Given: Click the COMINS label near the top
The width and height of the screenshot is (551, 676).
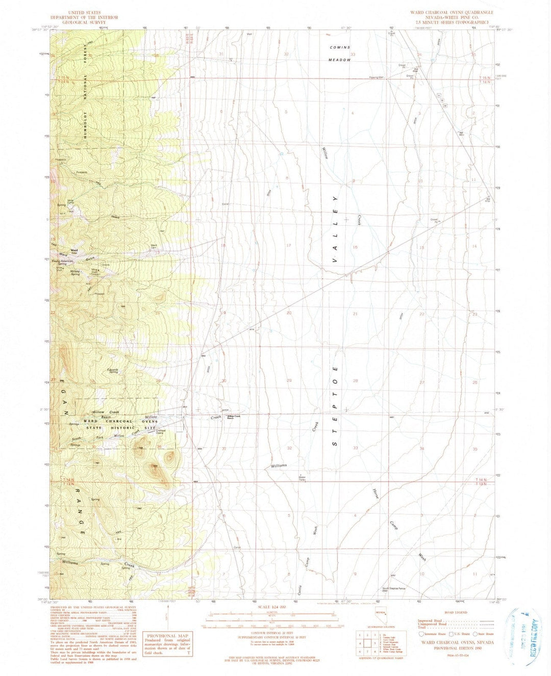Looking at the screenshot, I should [340, 47].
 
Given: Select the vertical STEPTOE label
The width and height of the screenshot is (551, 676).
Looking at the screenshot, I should [335, 406].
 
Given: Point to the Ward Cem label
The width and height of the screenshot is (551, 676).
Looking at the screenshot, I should [154, 246].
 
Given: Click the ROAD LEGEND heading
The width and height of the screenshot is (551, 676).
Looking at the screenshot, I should [456, 612].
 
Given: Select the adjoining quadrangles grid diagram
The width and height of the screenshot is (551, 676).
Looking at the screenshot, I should [367, 643].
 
